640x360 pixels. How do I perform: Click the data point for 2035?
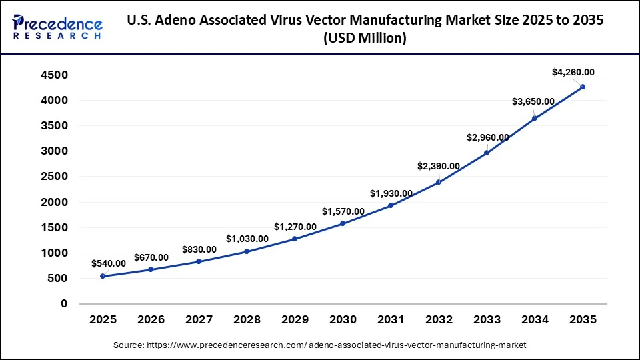point(583,87)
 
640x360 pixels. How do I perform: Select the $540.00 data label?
point(109,263)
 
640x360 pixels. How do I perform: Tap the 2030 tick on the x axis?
point(343,321)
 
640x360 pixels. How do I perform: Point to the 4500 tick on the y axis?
point(54,75)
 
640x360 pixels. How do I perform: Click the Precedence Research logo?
point(57,27)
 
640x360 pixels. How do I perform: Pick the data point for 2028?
point(247,251)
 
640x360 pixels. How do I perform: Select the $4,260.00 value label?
point(573,72)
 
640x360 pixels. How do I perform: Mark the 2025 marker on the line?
point(103,276)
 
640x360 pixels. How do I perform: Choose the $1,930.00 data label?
point(391,193)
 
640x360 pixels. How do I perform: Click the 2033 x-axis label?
point(487,321)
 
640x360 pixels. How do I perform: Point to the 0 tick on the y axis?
point(64,304)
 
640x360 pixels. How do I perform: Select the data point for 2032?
point(439,182)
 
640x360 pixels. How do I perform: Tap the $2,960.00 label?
point(487,138)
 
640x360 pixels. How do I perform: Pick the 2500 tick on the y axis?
point(54,177)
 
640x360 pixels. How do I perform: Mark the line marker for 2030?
point(343,223)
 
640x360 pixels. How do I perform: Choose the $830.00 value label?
point(199,249)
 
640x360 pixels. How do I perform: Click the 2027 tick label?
point(199,321)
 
